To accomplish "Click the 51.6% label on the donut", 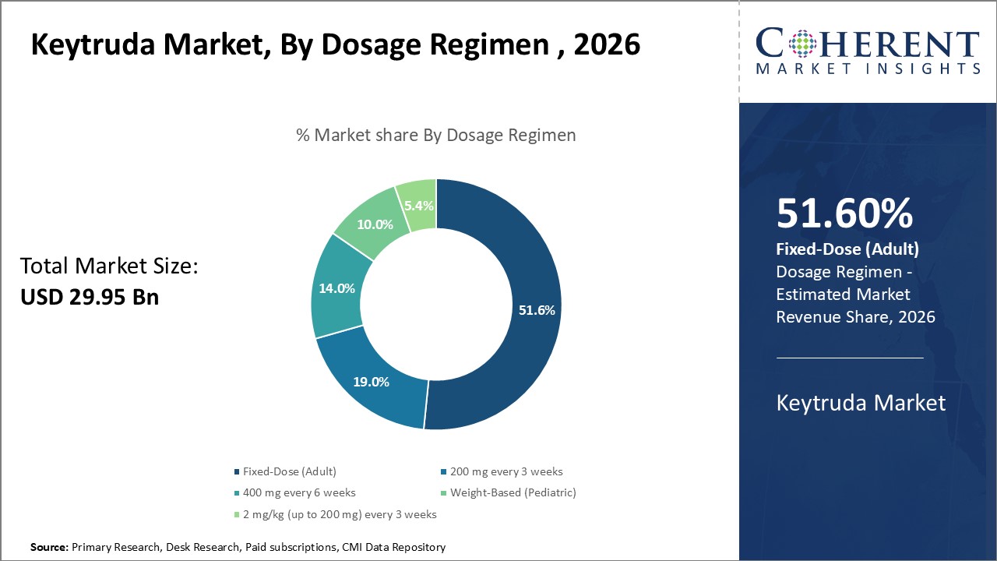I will tap(537, 310).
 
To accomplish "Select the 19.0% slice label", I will tap(371, 382).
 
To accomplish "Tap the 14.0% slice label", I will tap(336, 288).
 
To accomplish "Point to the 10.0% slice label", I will tap(375, 224).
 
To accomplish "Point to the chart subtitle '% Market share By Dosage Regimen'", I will tap(436, 135).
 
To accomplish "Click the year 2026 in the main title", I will tap(607, 44).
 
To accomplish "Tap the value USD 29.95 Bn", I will tap(90, 297).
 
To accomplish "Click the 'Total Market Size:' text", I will tap(110, 266).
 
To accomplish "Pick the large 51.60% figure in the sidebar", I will tap(844, 213).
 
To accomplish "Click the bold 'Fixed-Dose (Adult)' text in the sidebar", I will tap(847, 249).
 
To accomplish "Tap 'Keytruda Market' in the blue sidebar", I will tap(861, 402).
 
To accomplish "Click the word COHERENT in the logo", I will tap(868, 43).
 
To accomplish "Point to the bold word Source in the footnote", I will tap(49, 548).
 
